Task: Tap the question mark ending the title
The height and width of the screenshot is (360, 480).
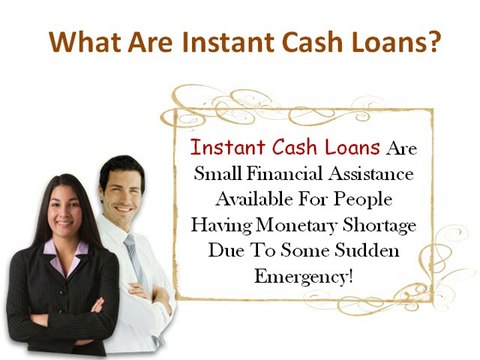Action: (435, 45)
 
